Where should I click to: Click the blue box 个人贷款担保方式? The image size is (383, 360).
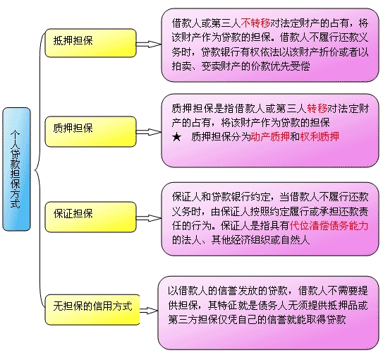16,169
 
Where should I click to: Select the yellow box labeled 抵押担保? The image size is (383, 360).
90,43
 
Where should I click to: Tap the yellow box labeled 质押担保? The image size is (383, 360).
90,132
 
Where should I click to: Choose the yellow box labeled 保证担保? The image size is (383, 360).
90,217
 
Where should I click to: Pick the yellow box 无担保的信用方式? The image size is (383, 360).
92,310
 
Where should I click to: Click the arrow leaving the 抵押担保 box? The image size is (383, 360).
149,44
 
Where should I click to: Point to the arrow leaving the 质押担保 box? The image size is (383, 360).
149,132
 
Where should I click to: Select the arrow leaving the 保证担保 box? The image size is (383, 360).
149,218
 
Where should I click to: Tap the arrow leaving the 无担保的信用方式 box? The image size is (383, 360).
149,311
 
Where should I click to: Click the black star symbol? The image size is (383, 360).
176,137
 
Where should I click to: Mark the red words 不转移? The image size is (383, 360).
255,23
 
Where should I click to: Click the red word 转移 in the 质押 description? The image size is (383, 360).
317,109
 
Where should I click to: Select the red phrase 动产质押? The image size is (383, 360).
270,137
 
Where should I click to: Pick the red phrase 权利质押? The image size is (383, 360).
320,137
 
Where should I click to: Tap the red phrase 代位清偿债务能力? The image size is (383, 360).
329,226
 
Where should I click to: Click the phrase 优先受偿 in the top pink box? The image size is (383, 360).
291,66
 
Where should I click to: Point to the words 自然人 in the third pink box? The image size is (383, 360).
296,240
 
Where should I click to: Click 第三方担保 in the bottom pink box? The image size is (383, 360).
193,320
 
